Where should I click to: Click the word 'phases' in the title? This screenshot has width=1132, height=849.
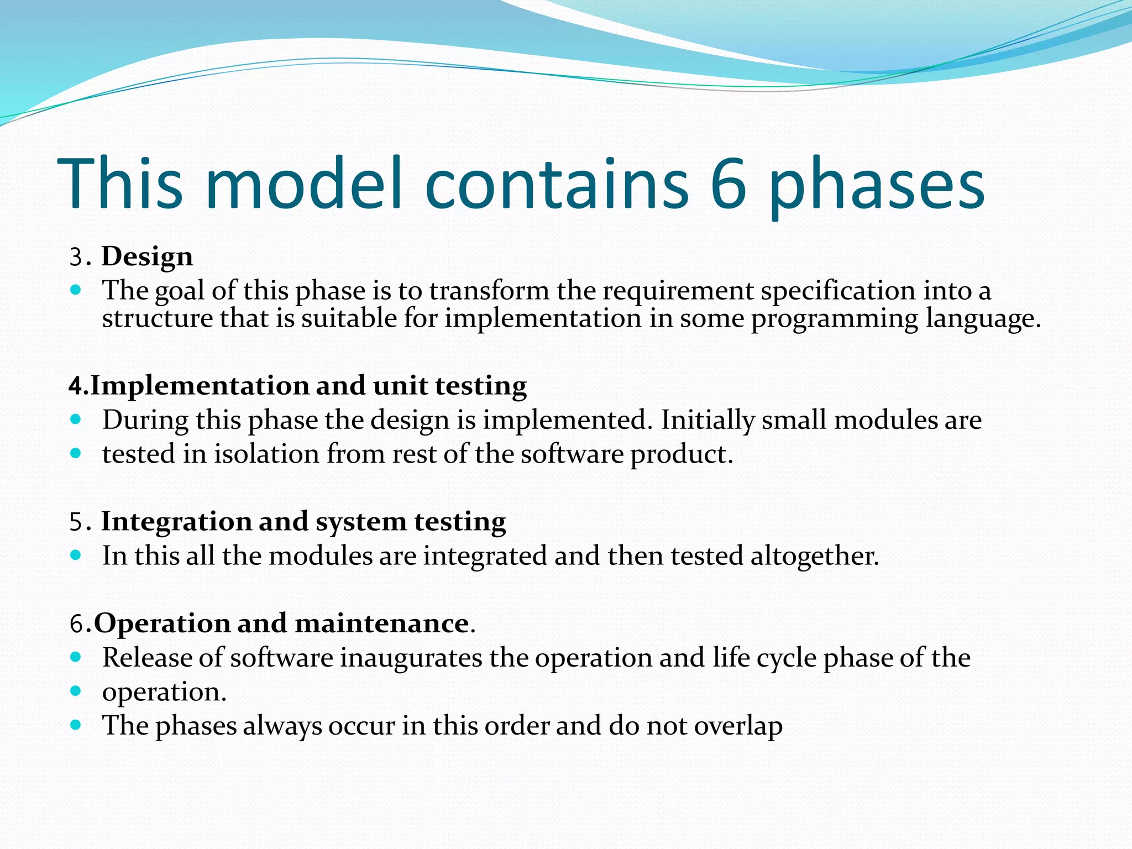click(877, 184)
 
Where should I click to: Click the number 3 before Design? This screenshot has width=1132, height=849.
click(76, 258)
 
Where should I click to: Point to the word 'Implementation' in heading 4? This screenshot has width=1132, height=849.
click(200, 385)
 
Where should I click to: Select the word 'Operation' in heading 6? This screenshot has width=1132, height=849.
click(163, 623)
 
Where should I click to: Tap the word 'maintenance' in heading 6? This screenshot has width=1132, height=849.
click(382, 623)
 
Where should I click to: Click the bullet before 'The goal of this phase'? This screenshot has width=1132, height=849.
click(76, 290)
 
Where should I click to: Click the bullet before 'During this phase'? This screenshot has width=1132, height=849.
click(76, 420)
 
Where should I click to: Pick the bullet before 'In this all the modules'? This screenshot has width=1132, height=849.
click(76, 555)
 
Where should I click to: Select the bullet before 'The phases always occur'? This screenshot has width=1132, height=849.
click(76, 725)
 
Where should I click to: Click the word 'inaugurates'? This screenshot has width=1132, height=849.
click(411, 658)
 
